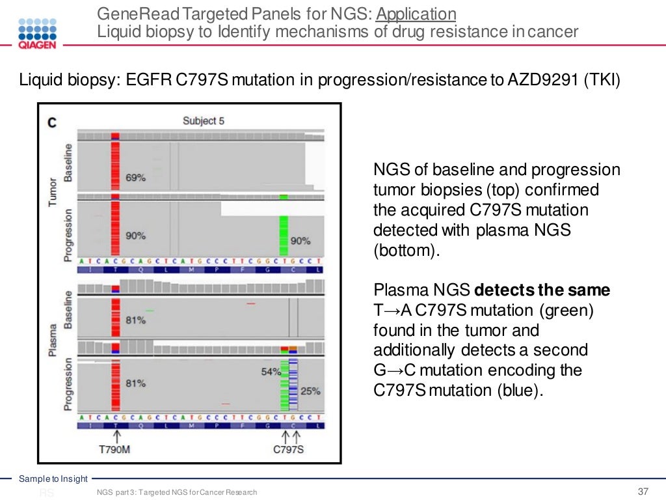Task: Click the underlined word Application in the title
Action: click(x=416, y=14)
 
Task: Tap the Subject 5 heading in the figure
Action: click(x=204, y=120)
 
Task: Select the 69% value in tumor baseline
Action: click(x=135, y=177)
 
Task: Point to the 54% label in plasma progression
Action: click(x=270, y=371)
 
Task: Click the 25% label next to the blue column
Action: click(x=310, y=391)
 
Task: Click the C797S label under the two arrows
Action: click(x=288, y=449)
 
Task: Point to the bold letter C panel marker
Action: click(x=53, y=122)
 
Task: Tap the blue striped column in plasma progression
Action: click(x=293, y=384)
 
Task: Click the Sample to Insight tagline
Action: click(x=53, y=479)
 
